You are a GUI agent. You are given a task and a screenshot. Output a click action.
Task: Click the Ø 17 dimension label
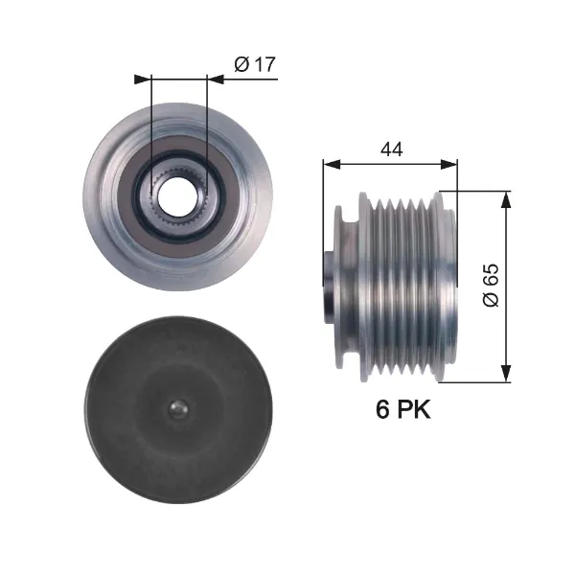tap(255, 64)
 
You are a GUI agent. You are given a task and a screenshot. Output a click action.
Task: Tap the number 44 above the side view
tap(391, 149)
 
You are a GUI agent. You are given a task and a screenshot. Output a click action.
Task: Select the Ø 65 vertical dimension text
tap(491, 285)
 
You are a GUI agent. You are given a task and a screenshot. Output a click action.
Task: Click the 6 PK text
tap(402, 409)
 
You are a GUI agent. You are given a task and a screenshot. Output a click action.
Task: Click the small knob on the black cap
tap(178, 409)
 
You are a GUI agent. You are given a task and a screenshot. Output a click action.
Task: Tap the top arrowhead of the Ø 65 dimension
tap(506, 200)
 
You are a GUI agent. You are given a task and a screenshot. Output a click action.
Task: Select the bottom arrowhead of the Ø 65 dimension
tap(506, 374)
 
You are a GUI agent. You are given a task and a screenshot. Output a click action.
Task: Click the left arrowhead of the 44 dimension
tap(332, 165)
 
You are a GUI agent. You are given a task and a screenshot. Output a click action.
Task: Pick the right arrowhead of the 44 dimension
tap(448, 165)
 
